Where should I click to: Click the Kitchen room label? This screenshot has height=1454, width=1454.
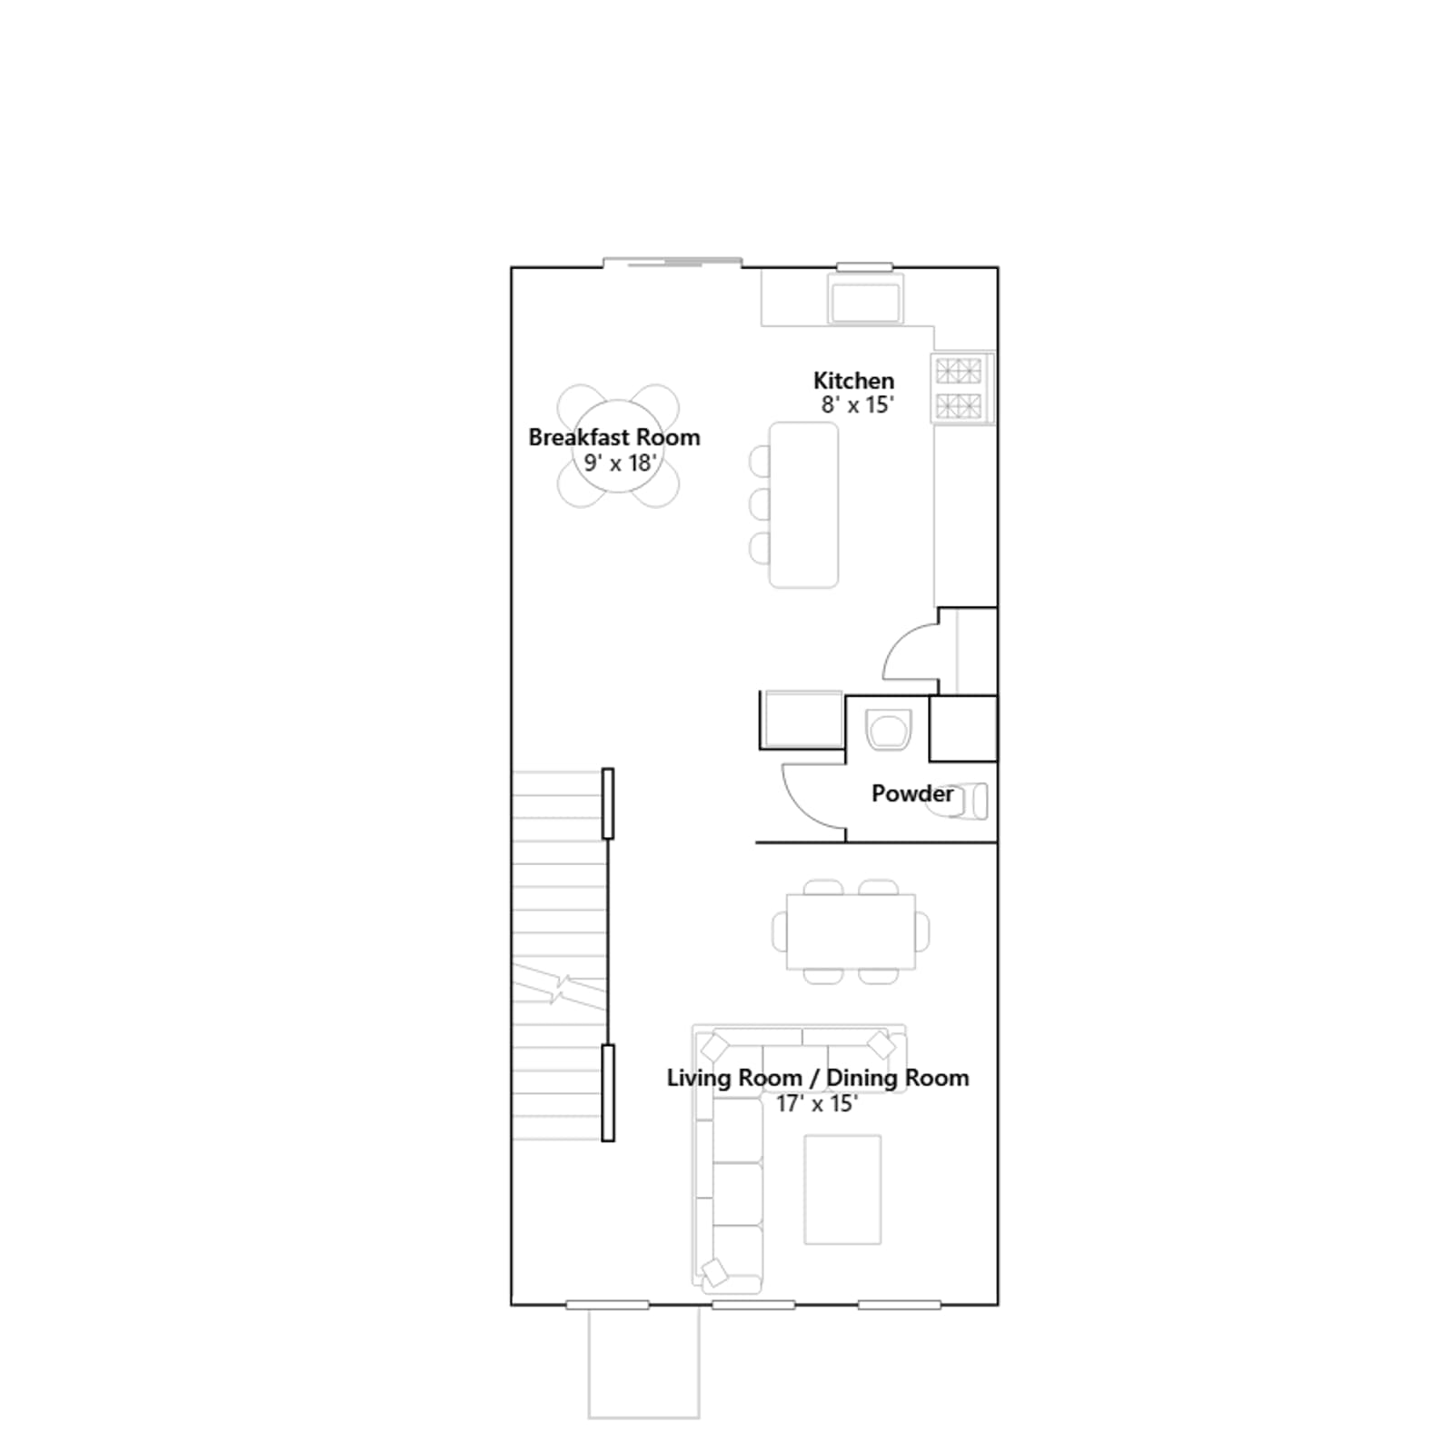(x=853, y=381)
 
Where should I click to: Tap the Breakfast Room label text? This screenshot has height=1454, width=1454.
(x=614, y=437)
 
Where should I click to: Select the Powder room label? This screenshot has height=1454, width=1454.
(x=912, y=793)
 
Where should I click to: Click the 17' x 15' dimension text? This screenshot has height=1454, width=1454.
(x=817, y=1103)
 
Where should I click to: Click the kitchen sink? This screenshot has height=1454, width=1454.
(x=865, y=301)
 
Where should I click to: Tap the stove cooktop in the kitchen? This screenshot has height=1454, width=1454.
(x=961, y=388)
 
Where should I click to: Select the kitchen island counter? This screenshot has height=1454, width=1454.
(x=803, y=504)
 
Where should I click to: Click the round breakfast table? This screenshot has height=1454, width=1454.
(x=618, y=446)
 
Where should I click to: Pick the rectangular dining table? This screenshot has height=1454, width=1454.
(x=851, y=931)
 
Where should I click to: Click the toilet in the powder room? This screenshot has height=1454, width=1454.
(x=966, y=801)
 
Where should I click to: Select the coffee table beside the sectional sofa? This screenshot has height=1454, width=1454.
(x=842, y=1190)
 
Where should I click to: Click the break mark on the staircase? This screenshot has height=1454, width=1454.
(x=559, y=989)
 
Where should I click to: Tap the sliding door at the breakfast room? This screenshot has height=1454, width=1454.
(x=672, y=263)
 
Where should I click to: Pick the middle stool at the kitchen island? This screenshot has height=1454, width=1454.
(x=760, y=504)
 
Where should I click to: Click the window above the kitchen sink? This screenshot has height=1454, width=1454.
(x=864, y=266)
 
